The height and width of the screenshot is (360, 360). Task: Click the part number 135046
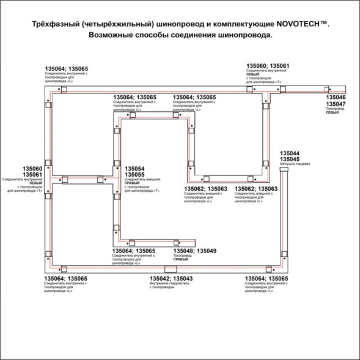pos(335,98)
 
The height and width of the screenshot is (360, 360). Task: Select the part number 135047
pos(335,105)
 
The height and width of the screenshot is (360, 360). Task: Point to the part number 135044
pos(289,153)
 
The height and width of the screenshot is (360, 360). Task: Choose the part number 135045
pos(289,160)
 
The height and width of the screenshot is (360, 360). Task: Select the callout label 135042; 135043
pos(171,279)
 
